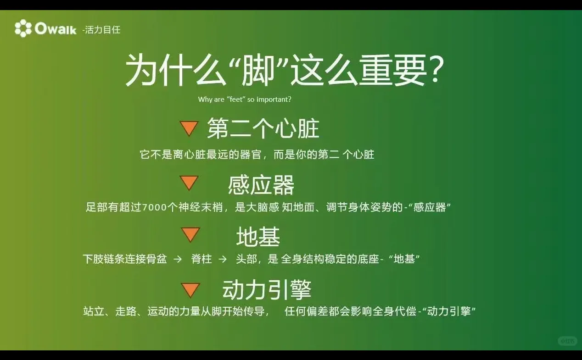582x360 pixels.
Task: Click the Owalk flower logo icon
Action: [23, 28]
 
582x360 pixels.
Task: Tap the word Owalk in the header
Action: [56, 29]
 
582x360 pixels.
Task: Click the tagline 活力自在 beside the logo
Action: [102, 30]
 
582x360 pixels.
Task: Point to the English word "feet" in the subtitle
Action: [237, 99]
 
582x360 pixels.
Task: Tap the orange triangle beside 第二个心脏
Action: [189, 128]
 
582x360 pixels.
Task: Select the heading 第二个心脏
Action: [263, 128]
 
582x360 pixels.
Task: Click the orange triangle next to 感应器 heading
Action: [189, 183]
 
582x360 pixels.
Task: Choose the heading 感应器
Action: [261, 185]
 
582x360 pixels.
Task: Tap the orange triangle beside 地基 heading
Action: [190, 234]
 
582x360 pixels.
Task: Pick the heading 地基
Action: [258, 237]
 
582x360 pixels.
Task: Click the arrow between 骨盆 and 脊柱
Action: [178, 259]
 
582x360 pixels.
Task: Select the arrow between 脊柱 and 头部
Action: [223, 259]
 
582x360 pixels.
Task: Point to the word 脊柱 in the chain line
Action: [201, 259]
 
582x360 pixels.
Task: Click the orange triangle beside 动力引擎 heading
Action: [190, 289]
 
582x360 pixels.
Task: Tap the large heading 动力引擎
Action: [267, 290]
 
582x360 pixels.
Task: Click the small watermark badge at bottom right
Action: [567, 341]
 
